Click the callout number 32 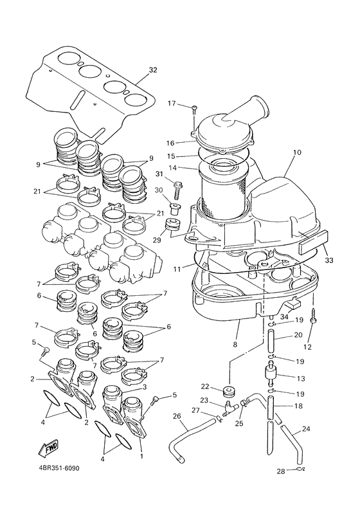click(152, 69)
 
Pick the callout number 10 click(296, 153)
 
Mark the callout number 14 click(172, 168)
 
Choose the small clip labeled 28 click(300, 471)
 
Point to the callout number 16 click(172, 143)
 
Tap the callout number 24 click(323, 429)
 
